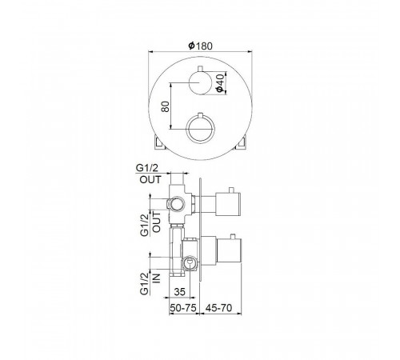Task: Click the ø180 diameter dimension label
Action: (201, 46)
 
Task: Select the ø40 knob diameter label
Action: (220, 83)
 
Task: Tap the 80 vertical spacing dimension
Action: (166, 106)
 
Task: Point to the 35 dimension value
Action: (179, 292)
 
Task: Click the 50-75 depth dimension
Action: (183, 308)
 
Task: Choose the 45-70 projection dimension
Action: (218, 308)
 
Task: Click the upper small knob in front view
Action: (200, 82)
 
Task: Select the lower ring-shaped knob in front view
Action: (200, 129)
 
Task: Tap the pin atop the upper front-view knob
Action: (200, 69)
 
